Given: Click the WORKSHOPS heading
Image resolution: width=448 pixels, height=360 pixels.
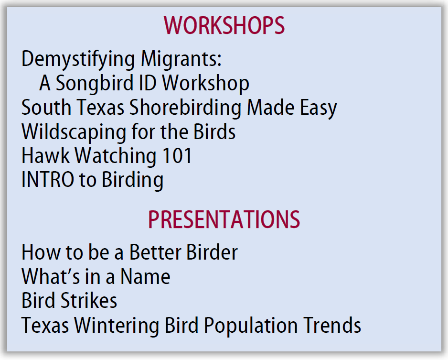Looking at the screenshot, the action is (224, 25).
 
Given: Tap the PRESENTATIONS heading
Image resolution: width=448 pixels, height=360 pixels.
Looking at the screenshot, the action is (224, 219).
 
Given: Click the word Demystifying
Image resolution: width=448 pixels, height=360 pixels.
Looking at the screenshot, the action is (78, 60).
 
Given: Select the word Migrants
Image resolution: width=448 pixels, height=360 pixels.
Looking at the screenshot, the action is (181, 60).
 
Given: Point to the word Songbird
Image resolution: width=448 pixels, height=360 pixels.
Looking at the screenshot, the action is (94, 84).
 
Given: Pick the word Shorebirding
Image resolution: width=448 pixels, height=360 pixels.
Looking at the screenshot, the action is (185, 108).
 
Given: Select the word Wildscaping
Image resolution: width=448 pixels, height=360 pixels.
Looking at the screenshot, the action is (74, 132).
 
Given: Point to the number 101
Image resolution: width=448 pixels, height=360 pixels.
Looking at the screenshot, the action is (177, 156).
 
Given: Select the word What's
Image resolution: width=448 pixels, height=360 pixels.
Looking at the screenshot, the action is (51, 276).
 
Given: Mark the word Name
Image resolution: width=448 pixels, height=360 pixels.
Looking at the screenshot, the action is (145, 276).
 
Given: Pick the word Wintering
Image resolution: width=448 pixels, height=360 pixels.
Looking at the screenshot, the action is (117, 326).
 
